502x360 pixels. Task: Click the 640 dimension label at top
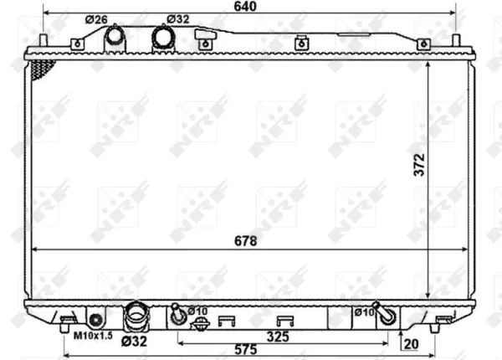point(245,6)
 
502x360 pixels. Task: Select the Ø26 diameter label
point(96,19)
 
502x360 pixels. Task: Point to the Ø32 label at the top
point(177,19)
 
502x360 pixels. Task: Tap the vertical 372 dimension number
point(419,165)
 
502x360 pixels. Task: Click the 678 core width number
point(245,241)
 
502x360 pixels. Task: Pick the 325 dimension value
point(278,337)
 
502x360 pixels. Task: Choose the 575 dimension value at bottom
point(245,349)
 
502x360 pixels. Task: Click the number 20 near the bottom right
point(411,344)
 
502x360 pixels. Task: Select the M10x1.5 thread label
point(93,336)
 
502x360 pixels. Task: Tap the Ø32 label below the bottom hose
point(134,342)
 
